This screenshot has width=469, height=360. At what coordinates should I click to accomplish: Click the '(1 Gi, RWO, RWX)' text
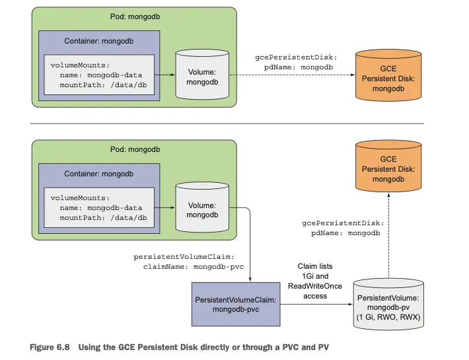coord(388,316)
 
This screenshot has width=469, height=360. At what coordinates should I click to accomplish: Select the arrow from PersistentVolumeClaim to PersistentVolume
coord(315,304)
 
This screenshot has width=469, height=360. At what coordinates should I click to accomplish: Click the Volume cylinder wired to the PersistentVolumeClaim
coord(201,209)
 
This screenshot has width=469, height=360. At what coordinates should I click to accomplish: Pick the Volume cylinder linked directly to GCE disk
coord(201,75)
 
